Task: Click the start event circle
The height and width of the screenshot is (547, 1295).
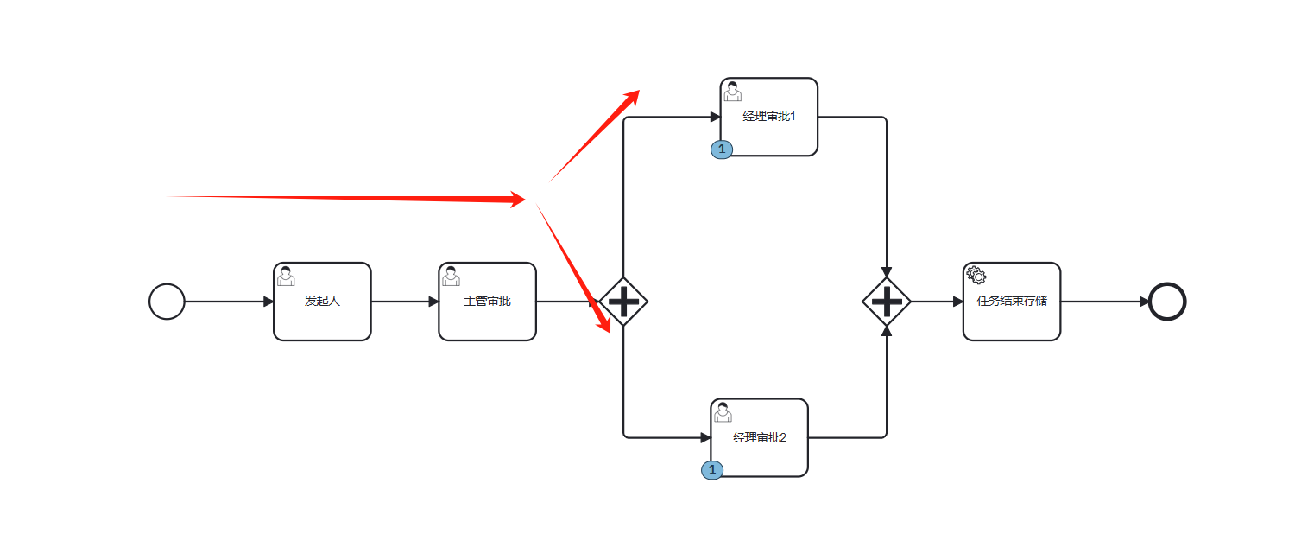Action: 167,302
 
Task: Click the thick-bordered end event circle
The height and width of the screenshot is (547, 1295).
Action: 1167,302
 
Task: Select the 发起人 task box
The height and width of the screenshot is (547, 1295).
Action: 322,302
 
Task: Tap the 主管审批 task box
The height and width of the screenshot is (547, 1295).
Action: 487,302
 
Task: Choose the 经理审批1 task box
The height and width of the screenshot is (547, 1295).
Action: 768,117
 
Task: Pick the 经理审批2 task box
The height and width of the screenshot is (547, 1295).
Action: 759,437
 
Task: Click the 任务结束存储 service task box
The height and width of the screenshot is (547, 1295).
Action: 1011,302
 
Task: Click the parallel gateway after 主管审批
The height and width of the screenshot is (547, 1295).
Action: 623,302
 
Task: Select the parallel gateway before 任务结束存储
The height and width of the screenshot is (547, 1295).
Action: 887,302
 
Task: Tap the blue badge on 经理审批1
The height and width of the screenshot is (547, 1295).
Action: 722,149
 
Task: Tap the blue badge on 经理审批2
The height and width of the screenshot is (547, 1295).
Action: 712,470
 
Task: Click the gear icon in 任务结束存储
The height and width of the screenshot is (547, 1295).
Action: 976,276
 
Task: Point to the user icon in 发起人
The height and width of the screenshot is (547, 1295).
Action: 286,276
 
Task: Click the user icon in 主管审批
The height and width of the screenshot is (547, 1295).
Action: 451,276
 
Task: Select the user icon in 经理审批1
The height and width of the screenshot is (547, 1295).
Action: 732,91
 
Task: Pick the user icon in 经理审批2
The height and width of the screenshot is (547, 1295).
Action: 723,412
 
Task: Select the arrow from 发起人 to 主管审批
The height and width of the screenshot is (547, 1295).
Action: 404,302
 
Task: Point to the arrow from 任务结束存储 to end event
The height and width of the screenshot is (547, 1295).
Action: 1104,302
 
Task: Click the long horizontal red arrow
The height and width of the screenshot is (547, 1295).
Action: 345,198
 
